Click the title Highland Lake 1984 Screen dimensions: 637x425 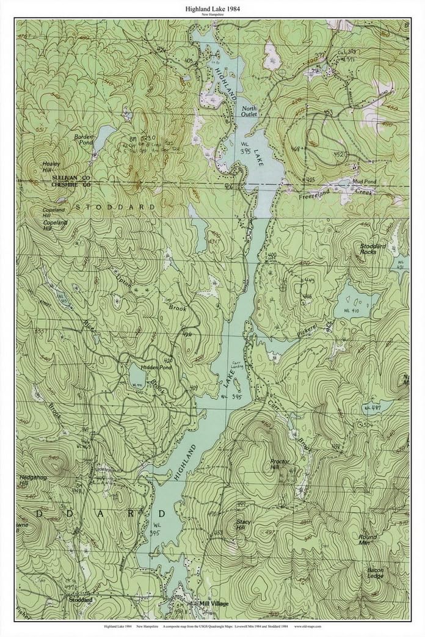(x=212, y=9)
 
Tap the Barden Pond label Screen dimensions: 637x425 (x=83, y=139)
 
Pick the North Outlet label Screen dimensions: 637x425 (x=249, y=111)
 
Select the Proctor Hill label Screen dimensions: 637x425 (x=280, y=465)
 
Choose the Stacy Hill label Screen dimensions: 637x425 (x=243, y=526)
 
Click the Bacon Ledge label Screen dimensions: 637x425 (x=375, y=574)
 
